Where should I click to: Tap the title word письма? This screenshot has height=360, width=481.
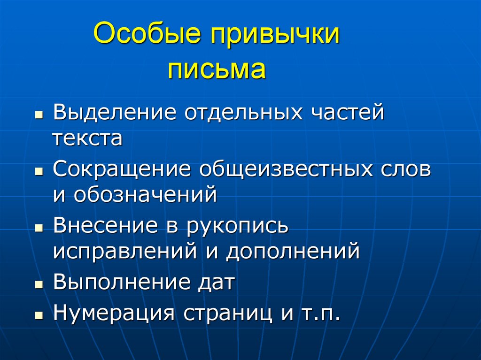(x=217, y=69)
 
